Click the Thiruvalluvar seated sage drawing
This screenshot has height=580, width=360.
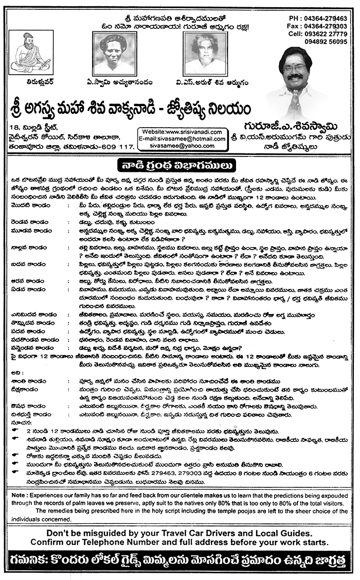pos(30,52)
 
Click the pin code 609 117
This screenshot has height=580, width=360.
pos(117,147)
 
